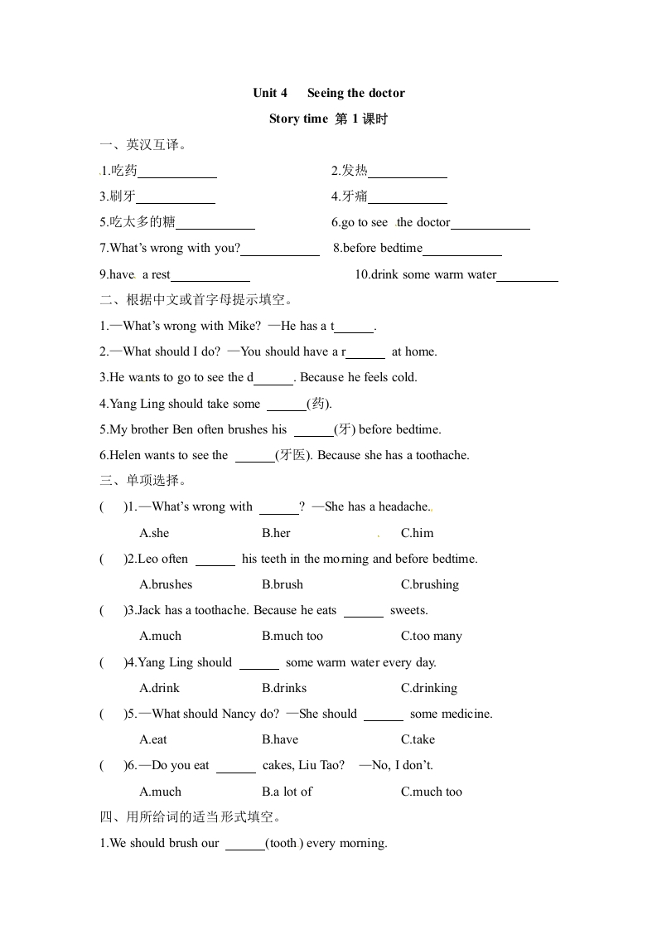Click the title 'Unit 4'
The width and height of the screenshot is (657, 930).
pos(270,93)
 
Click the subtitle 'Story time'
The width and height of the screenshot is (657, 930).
pos(298,119)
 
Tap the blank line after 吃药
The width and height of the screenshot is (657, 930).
pos(177,172)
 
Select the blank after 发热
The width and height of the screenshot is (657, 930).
pos(408,172)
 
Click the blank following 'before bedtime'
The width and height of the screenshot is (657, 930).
pos(462,249)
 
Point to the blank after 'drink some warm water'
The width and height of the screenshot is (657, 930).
pos(528,276)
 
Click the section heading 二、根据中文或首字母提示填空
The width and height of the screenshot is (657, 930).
pos(196,299)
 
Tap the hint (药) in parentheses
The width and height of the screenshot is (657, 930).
pos(320,404)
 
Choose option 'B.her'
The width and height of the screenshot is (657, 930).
pos(276,533)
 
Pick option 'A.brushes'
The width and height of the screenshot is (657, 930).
pos(166,584)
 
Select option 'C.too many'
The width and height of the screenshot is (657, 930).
pos(431,636)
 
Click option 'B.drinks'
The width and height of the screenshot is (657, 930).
pos(284,688)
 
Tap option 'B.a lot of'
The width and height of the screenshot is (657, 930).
pos(287,792)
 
